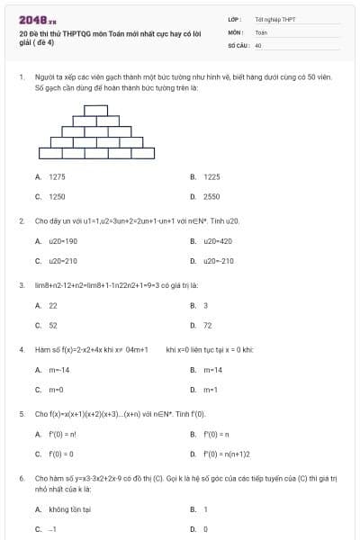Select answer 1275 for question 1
(57, 177)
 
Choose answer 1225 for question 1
(211, 177)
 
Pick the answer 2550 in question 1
(211, 195)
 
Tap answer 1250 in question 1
(57, 195)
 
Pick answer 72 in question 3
(208, 326)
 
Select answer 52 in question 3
(53, 326)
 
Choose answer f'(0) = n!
(61, 435)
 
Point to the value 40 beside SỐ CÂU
(258, 44)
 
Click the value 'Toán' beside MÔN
(261, 31)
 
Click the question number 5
(22, 414)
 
